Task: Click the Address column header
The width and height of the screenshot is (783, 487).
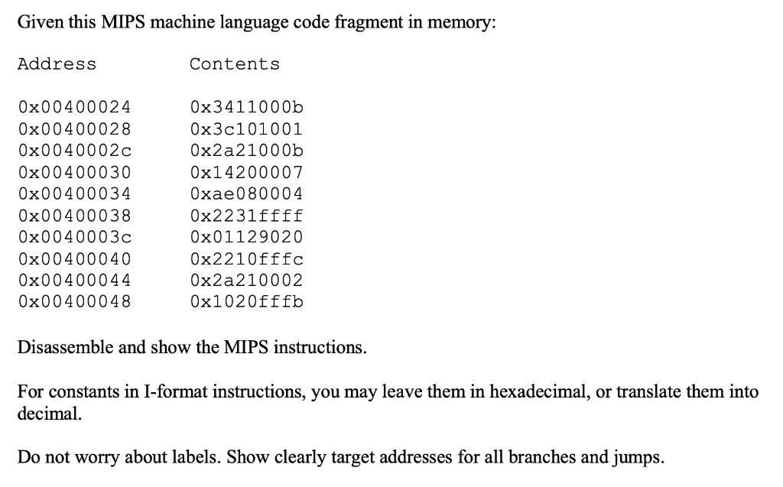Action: (57, 64)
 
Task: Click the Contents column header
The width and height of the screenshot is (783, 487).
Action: (235, 64)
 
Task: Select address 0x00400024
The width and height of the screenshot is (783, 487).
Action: (74, 107)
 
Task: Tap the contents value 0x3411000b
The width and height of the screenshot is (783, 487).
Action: (246, 107)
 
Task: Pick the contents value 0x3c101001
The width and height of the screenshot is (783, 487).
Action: (246, 128)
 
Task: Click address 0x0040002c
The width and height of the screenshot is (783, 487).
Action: (74, 151)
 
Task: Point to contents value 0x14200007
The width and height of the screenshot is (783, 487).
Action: (246, 172)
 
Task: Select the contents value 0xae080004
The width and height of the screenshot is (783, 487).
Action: (246, 193)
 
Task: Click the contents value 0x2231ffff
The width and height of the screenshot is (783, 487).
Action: (246, 216)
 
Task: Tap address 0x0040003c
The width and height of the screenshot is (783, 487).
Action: (74, 237)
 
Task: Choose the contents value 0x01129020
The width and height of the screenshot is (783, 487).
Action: (246, 237)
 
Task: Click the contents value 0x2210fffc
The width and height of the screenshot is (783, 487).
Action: (246, 259)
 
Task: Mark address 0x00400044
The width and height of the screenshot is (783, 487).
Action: (74, 280)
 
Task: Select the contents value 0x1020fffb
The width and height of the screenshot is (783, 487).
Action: (246, 301)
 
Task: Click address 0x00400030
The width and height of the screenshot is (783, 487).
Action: (74, 172)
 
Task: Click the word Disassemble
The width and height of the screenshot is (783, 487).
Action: (65, 348)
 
